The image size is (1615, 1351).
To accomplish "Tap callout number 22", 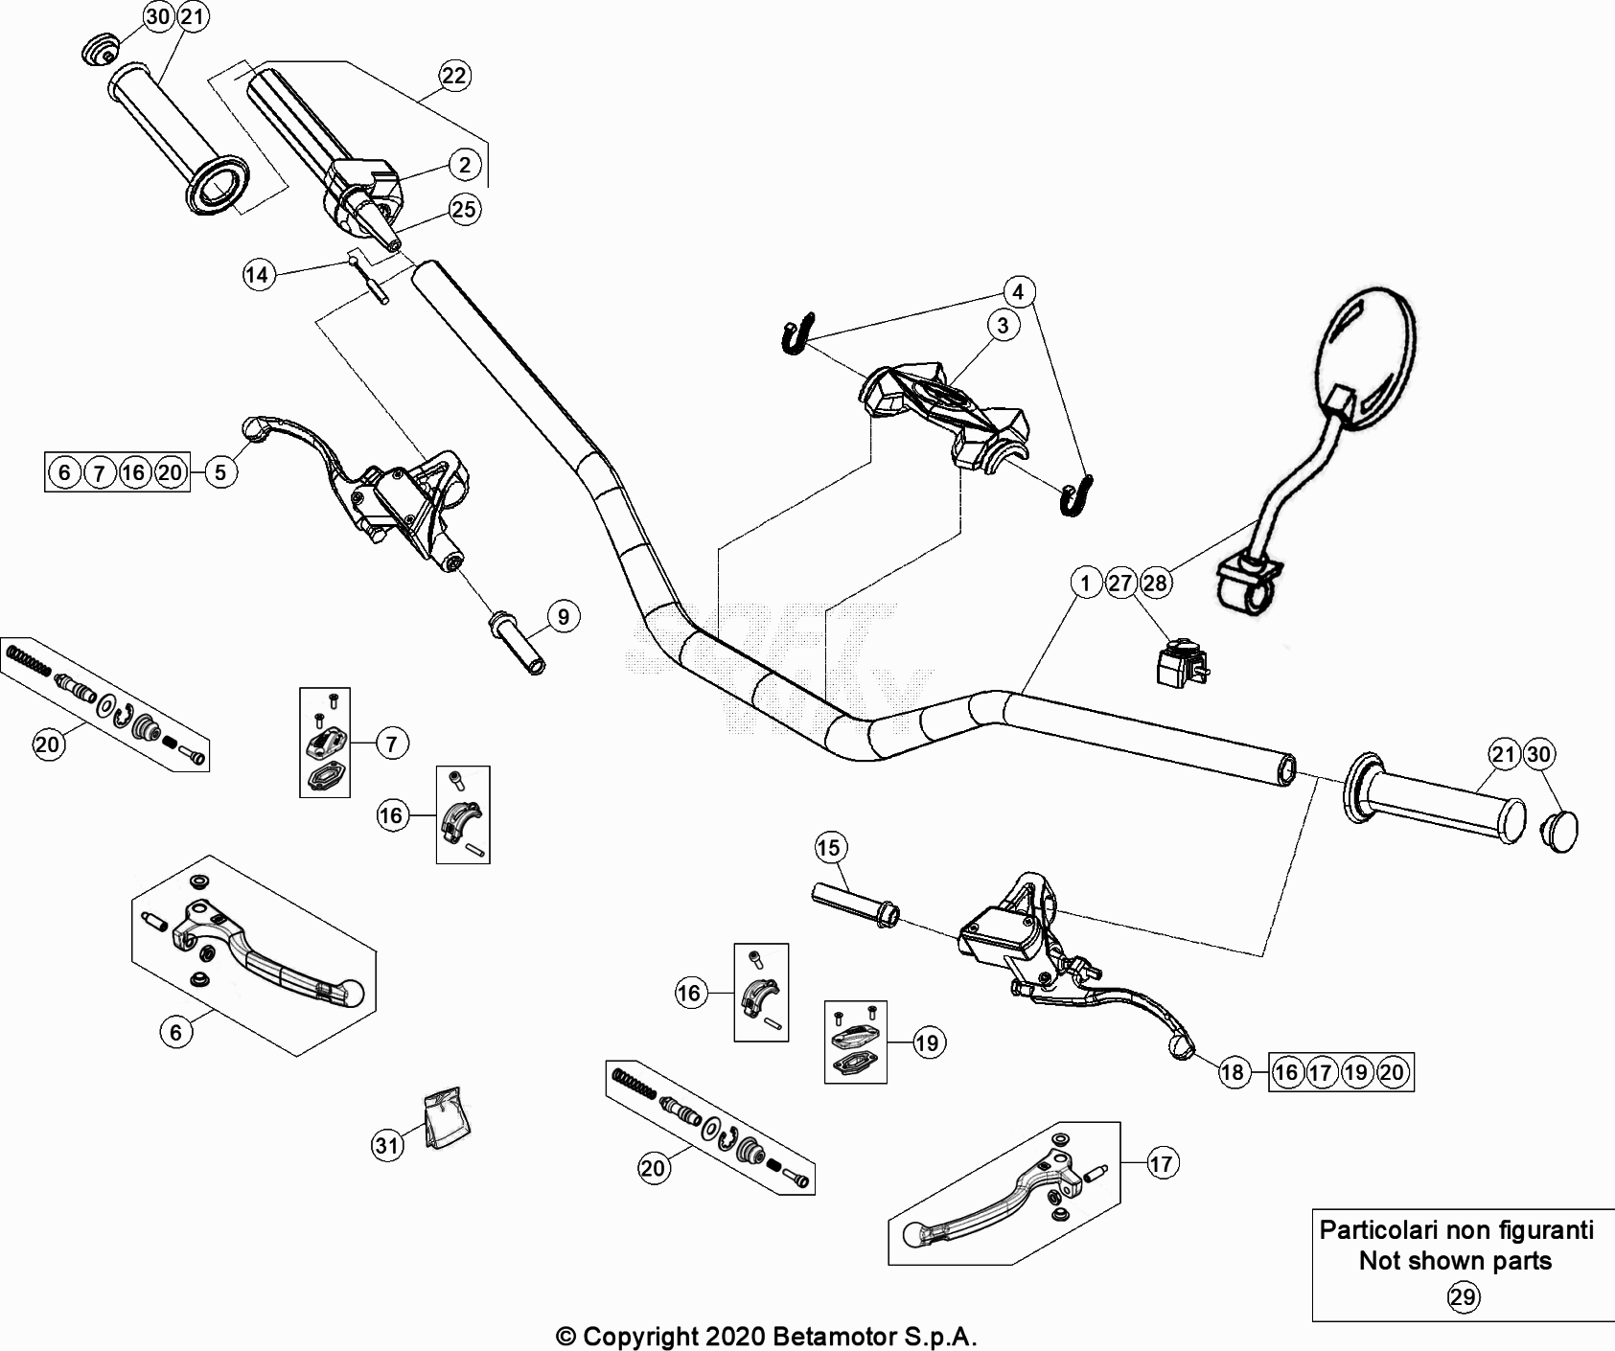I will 454,76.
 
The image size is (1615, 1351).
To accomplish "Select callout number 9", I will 564,617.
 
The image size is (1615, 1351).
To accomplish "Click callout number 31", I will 387,1146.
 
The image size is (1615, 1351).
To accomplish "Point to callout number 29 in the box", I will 1463,1297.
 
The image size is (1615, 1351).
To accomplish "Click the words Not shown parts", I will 1455,1261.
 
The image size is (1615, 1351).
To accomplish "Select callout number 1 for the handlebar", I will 1085,583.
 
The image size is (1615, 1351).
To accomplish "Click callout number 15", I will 829,847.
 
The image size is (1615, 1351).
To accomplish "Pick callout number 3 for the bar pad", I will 1003,326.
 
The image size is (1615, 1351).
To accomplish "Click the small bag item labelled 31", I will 448,1117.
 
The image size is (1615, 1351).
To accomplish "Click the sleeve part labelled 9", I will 518,645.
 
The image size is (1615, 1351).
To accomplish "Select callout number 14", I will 257,276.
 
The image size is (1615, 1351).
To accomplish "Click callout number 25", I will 464,209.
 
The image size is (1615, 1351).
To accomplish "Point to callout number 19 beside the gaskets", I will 927,1042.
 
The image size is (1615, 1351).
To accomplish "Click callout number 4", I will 1018,291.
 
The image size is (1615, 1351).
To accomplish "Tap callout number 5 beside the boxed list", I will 220,471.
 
